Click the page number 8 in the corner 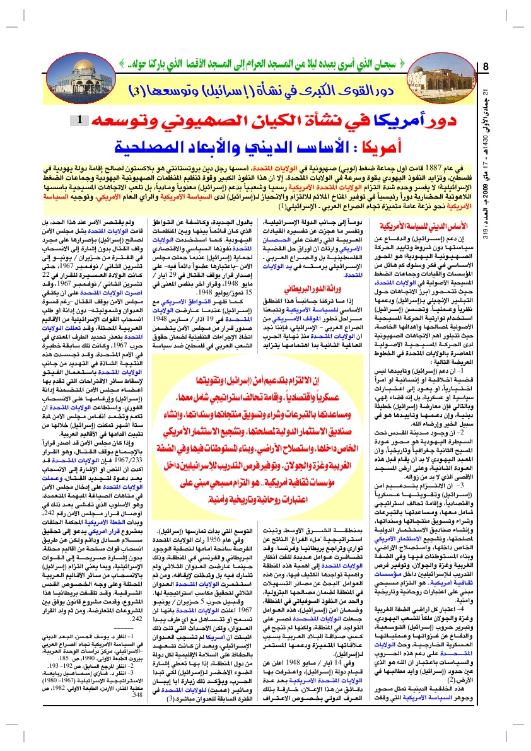486,66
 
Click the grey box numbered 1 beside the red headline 93,119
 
